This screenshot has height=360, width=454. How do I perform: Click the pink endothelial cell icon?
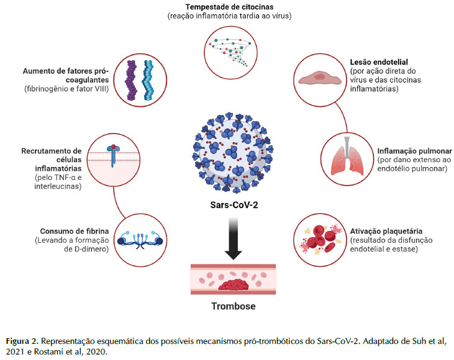(x=317, y=78)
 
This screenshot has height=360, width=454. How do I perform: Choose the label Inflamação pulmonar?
(x=409, y=151)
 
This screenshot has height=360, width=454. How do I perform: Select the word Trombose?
(x=227, y=307)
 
